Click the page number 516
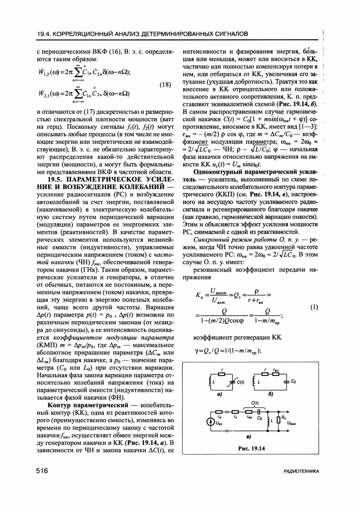pos(42,471)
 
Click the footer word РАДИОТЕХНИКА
pos(300,472)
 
